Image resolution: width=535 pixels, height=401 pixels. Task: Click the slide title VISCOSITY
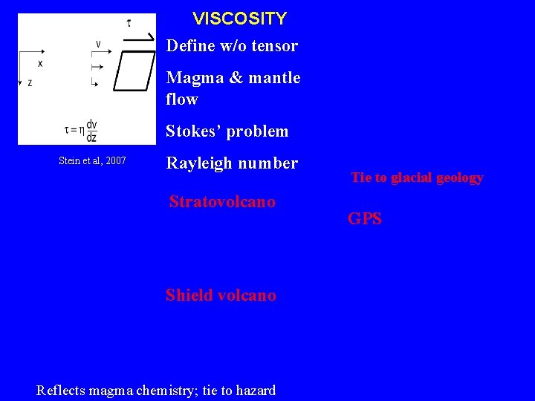tap(239, 18)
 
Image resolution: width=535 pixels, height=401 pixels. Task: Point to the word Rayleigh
tap(198, 163)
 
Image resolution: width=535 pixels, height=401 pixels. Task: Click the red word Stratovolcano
tap(222, 202)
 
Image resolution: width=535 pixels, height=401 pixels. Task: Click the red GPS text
tap(365, 219)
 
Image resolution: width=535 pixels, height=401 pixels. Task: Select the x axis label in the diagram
tap(40, 64)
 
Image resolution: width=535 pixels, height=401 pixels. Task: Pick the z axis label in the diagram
tap(30, 83)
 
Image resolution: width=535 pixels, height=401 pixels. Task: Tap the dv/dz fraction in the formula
tap(91, 131)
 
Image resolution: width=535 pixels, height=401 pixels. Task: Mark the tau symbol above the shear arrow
tap(129, 22)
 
